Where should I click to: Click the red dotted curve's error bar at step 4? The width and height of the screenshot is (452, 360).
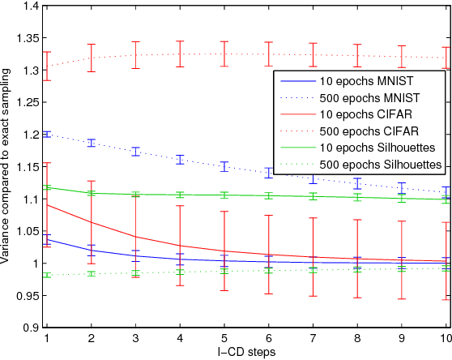tap(179, 54)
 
